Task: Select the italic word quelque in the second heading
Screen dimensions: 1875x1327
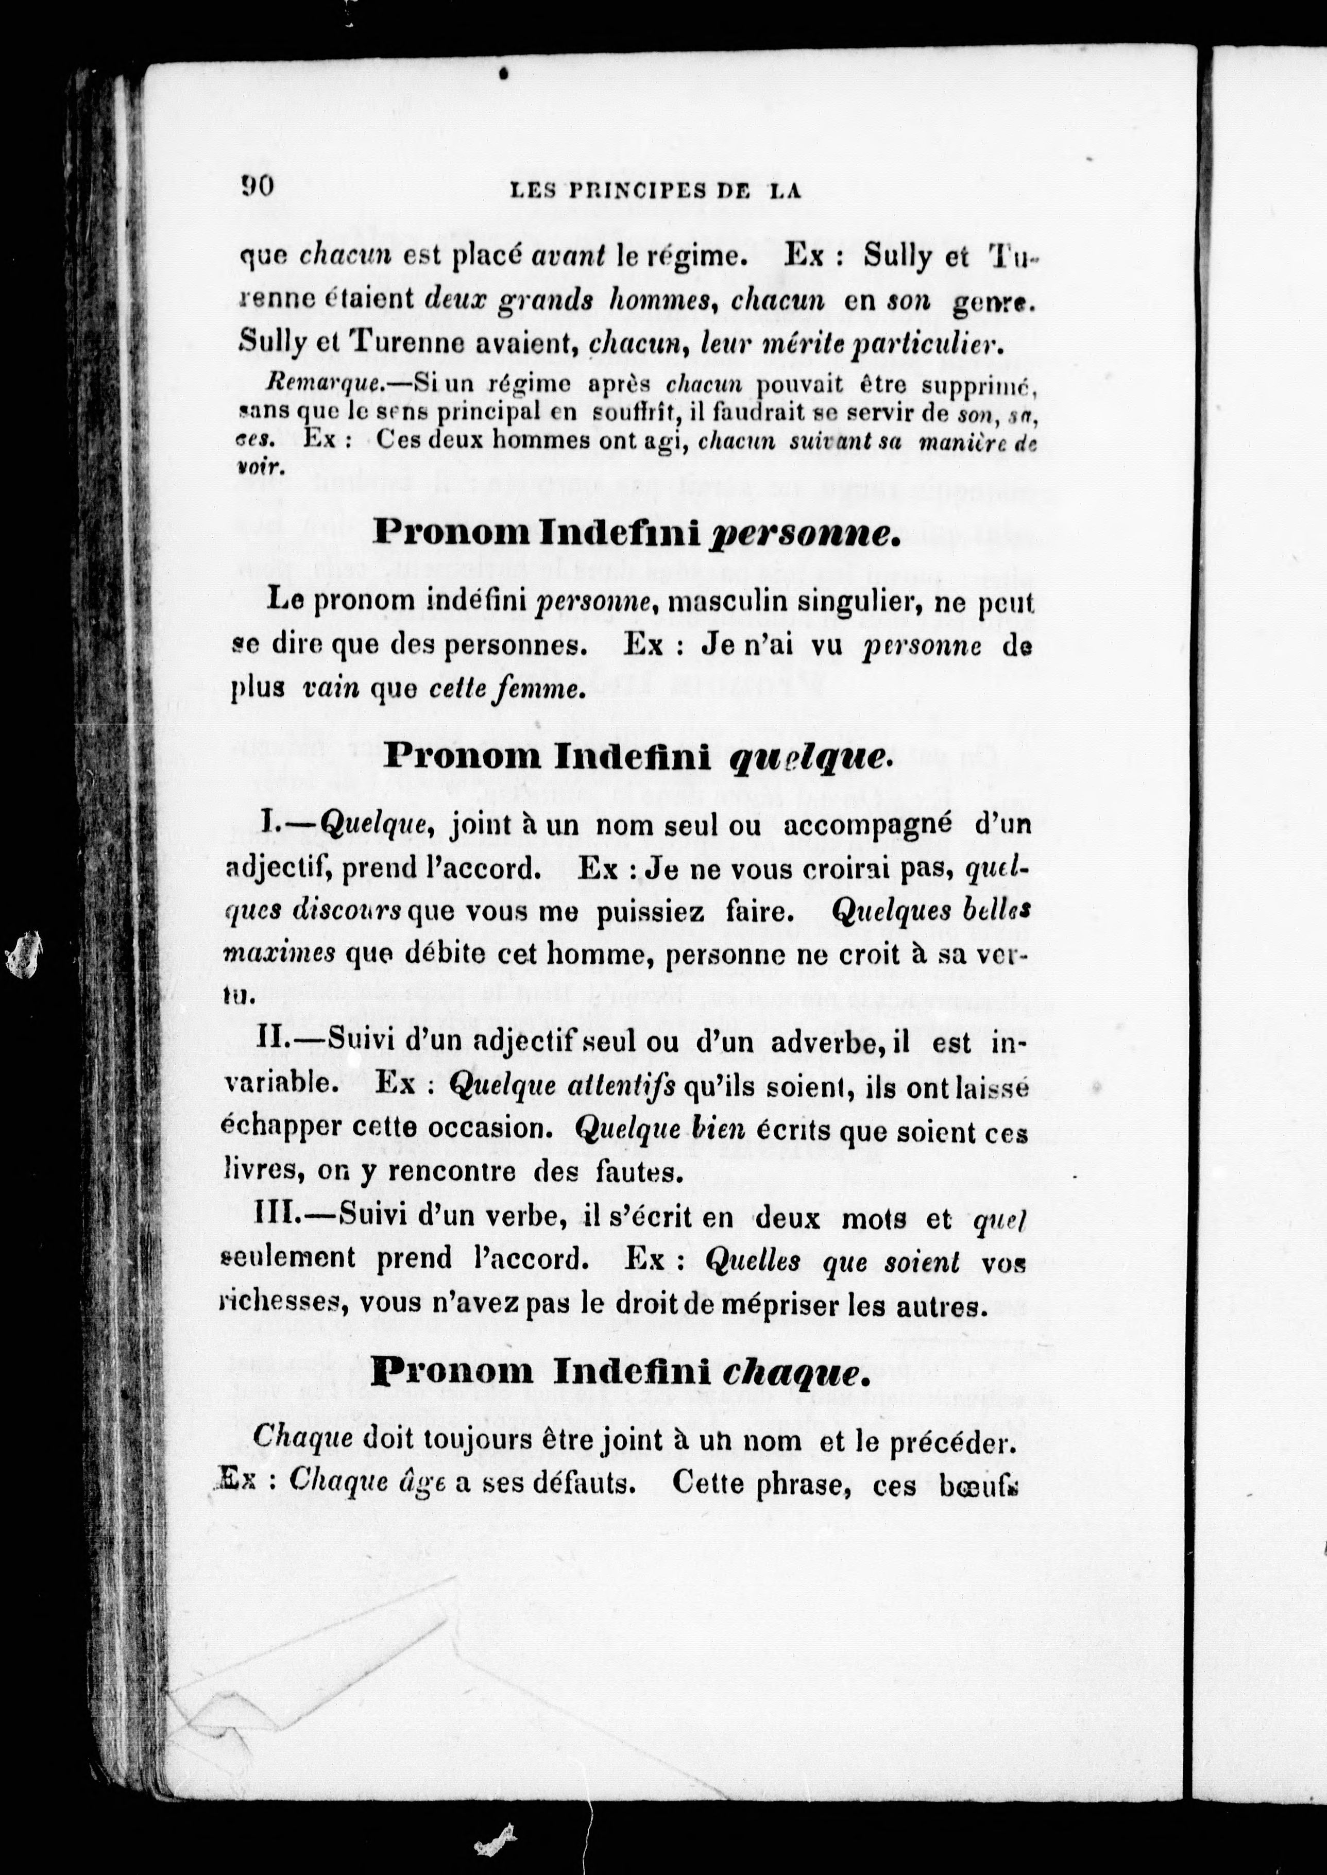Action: (x=806, y=758)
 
